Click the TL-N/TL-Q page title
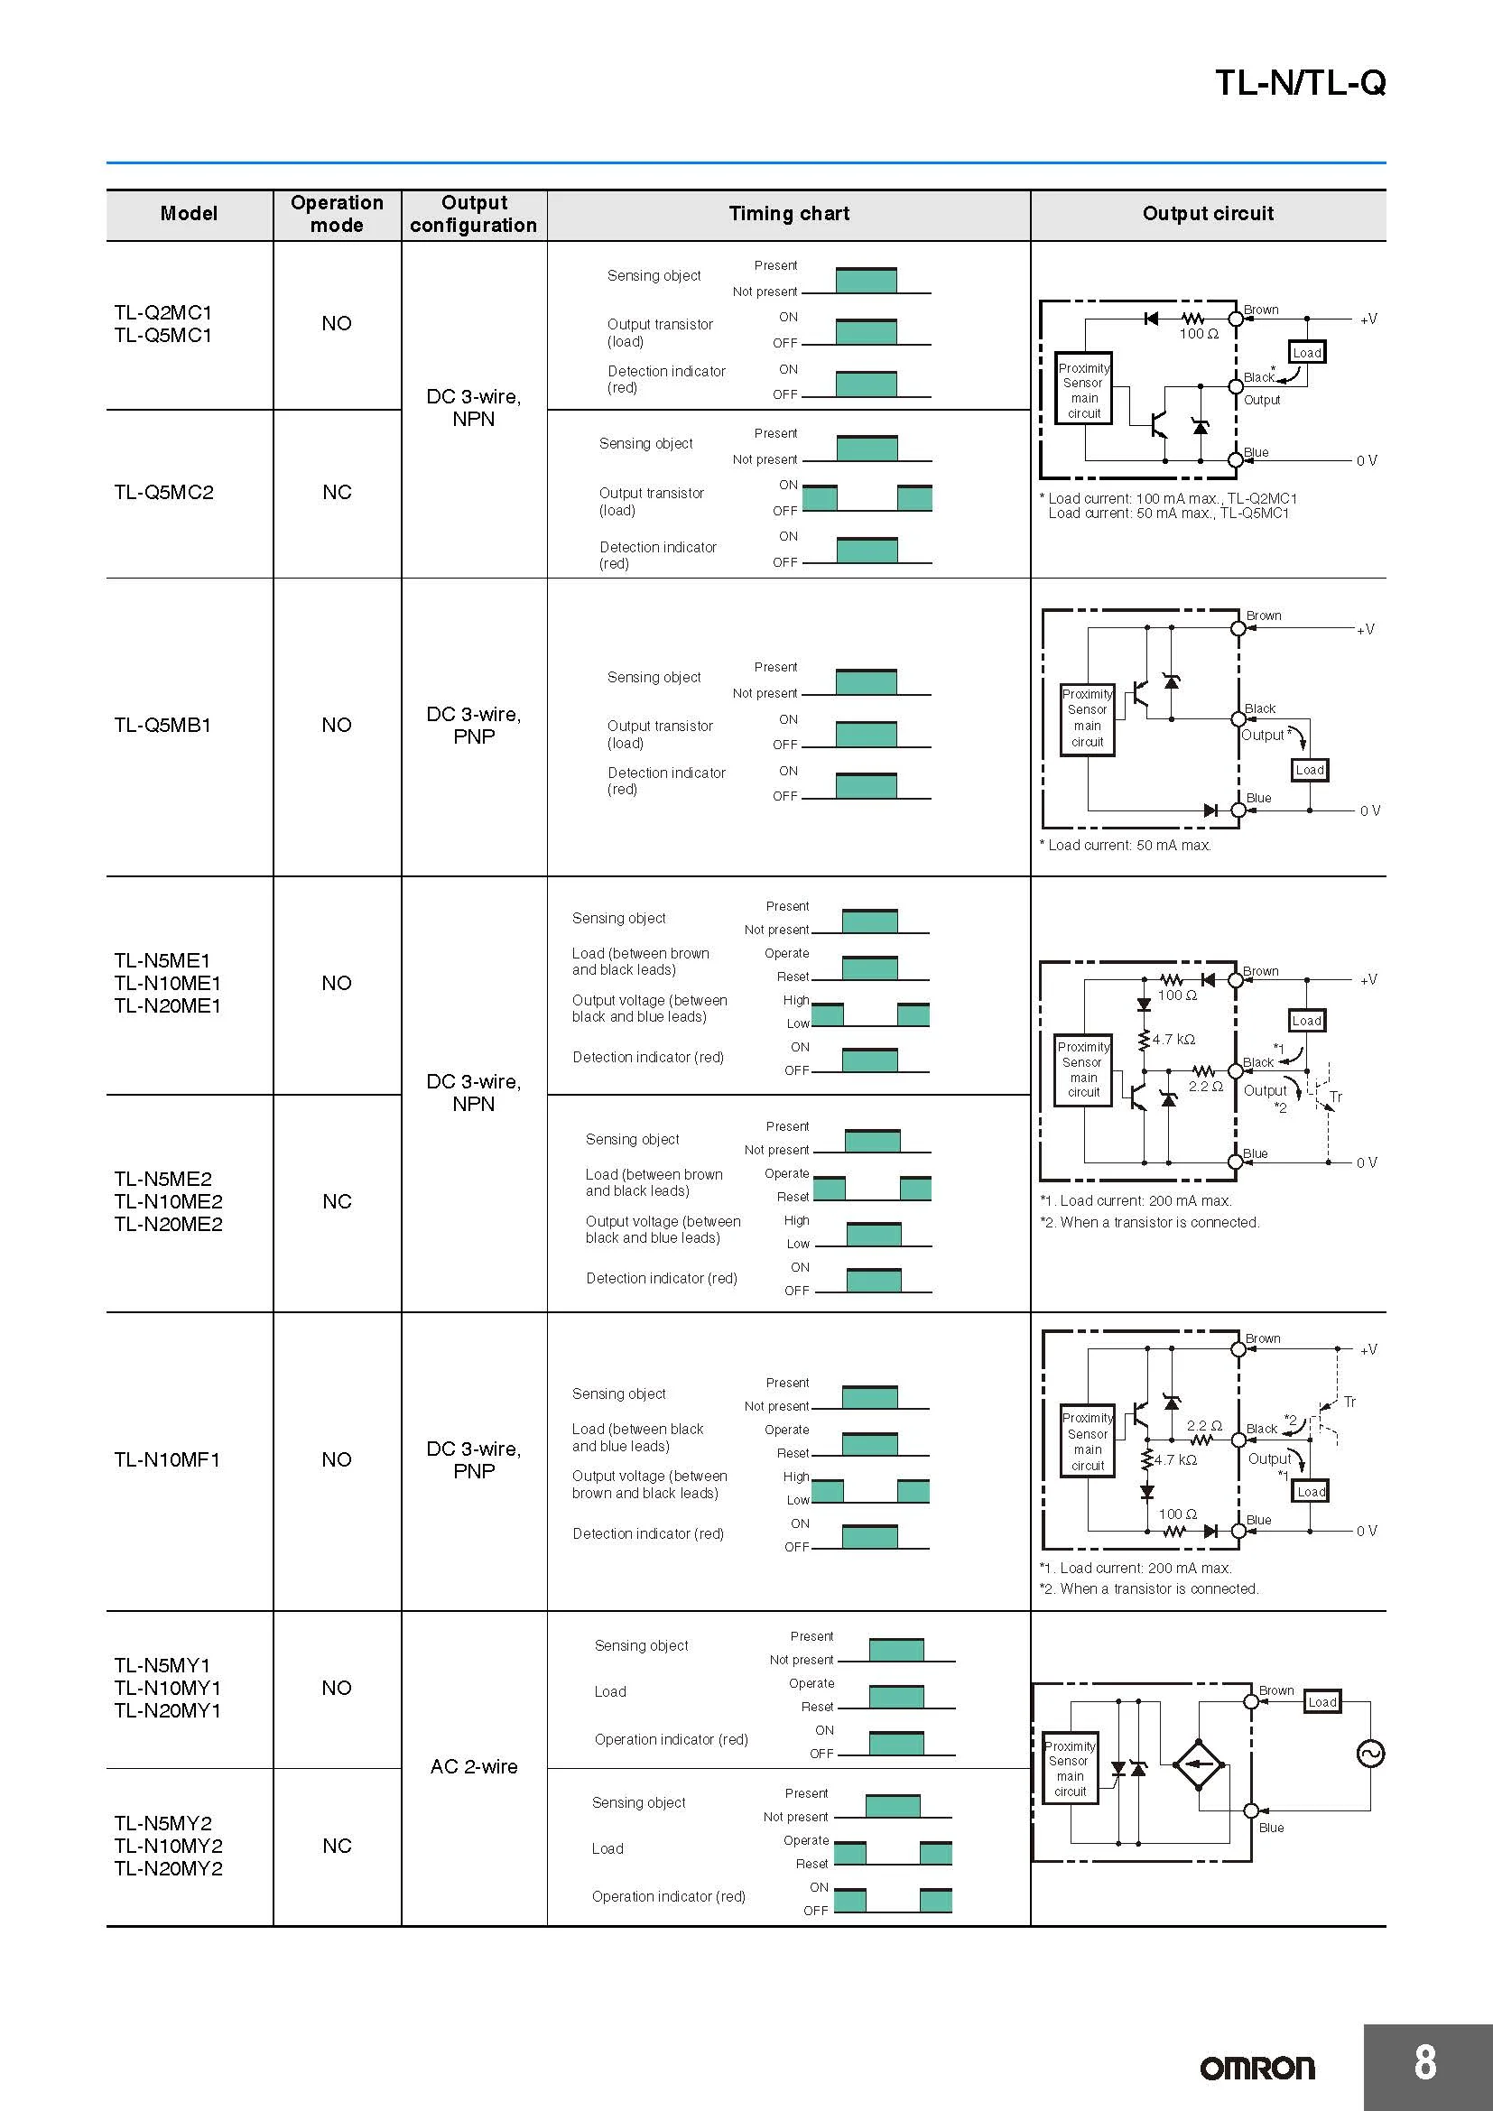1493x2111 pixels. [1300, 83]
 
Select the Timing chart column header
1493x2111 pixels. [789, 213]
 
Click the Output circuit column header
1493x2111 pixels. [1208, 213]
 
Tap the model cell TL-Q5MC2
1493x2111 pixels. [163, 492]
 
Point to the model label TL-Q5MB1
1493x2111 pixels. [162, 725]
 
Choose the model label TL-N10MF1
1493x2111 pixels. [167, 1459]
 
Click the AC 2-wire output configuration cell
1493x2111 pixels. [474, 1766]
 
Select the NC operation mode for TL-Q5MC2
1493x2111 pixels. [337, 492]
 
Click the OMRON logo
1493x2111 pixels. [1257, 2068]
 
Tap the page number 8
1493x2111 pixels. [1425, 2062]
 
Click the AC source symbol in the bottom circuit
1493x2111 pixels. [1370, 1755]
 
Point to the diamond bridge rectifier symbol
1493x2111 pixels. [1198, 1764]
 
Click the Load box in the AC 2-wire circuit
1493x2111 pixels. [1322, 1702]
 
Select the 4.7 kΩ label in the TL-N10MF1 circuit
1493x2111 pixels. [1176, 1460]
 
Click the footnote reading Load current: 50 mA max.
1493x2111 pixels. [1126, 845]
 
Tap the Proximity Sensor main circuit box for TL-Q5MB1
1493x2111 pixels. [1088, 719]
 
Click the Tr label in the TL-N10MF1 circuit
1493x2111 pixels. [1349, 1403]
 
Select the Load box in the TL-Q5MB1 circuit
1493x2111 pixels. [1310, 770]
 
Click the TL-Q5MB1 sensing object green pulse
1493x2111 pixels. [866, 681]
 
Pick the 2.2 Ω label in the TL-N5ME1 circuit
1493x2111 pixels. [1205, 1087]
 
